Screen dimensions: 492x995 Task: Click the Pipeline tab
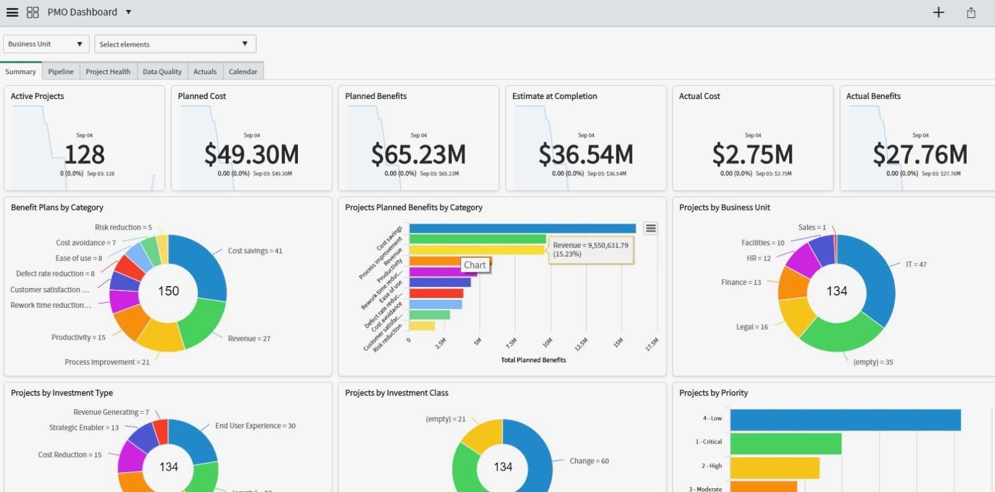coord(60,72)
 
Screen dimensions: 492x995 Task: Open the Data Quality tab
coord(162,72)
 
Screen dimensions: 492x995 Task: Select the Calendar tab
coord(243,72)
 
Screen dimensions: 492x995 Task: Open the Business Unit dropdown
coord(45,44)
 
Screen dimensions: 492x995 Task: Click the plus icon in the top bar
coord(938,12)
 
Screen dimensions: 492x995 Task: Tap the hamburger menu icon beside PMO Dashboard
coord(12,12)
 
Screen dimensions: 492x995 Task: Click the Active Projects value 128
coord(85,154)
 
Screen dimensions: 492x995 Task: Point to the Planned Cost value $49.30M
coord(251,154)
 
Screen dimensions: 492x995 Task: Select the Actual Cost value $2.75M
coord(752,154)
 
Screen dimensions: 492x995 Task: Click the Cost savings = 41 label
coord(254,251)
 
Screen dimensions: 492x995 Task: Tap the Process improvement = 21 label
coord(107,362)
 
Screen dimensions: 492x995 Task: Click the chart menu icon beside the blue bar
coord(650,228)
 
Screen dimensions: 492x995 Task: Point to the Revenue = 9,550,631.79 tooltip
coord(591,249)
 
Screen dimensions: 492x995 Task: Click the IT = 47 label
coord(915,264)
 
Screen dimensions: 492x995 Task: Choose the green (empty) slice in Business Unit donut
coord(840,336)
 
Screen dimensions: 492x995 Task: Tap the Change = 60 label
coord(589,461)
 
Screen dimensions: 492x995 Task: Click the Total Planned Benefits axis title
coord(533,360)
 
